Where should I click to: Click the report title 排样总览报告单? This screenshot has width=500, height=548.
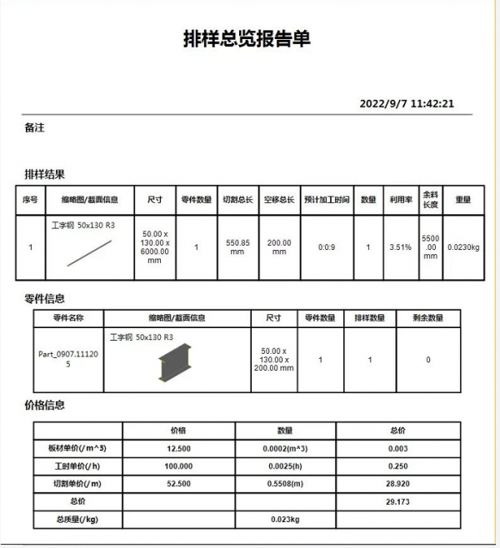[x=247, y=39]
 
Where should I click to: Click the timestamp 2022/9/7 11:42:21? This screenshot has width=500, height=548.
[x=407, y=103]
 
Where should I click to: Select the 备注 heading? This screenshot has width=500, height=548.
[x=35, y=127]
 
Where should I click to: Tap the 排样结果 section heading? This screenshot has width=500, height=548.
[x=44, y=174]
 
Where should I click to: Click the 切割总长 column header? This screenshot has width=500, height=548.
[x=237, y=200]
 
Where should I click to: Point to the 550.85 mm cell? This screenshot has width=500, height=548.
[x=237, y=247]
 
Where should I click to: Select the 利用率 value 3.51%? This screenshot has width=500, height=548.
[x=400, y=247]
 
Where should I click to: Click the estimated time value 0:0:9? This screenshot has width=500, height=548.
[x=327, y=247]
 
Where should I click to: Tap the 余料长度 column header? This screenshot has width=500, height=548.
[x=430, y=200]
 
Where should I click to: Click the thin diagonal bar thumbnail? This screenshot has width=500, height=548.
[x=90, y=252]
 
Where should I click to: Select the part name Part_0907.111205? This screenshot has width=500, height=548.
[x=68, y=359]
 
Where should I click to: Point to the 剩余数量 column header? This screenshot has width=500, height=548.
[x=427, y=317]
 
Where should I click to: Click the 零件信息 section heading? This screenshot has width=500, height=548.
[x=44, y=298]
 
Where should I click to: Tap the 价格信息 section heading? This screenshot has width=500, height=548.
[x=44, y=405]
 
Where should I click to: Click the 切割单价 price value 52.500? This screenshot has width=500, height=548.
[x=178, y=483]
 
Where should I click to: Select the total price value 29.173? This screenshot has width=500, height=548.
[x=397, y=502]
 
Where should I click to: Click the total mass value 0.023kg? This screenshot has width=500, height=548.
[x=285, y=520]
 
